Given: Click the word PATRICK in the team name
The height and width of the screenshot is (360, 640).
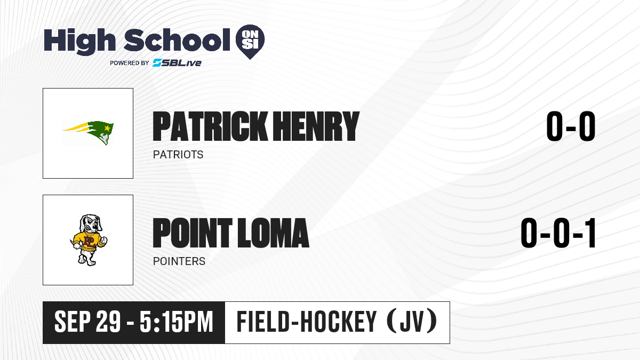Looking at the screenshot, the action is coord(210,126).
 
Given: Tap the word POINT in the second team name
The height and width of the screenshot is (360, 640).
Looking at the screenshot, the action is coord(193,233).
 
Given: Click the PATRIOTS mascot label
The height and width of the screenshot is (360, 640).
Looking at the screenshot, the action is coord(178,155).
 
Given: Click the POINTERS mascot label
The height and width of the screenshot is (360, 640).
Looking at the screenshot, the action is coord(179,261).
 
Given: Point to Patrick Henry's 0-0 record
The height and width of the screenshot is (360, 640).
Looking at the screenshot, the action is coord(571,126).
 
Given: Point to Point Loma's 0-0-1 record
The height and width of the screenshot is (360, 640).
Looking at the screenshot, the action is coord(558,233).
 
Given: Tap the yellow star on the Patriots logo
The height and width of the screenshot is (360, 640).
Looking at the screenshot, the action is coord(107,128).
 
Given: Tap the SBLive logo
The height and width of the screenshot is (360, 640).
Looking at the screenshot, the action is coord(177,62).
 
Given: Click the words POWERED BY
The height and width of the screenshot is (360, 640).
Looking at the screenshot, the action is coord(129,63).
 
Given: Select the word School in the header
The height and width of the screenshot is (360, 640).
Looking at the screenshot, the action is coord(177,40).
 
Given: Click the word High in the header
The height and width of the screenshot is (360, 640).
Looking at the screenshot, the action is coord(79,42).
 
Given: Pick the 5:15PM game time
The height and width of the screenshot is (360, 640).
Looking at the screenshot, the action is coord(177,322).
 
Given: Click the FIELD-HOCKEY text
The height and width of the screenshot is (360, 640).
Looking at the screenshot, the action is coord(307,322).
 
